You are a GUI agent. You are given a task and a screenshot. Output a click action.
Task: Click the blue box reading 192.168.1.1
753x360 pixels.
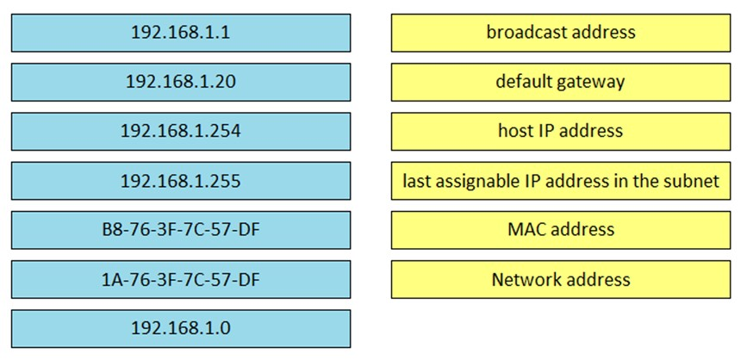pos(181,33)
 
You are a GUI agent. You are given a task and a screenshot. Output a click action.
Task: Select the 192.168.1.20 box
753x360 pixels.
pos(181,82)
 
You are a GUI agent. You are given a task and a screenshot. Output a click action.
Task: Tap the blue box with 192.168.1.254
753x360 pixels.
pos(181,132)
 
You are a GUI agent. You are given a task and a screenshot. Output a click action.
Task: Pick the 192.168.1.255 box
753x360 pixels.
pos(181,181)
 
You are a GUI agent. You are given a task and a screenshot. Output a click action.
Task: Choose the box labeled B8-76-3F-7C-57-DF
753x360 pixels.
pos(181,230)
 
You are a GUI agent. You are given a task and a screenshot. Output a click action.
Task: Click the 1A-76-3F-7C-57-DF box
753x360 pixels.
pos(181,279)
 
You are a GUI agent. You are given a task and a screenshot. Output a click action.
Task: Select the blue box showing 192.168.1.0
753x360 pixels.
pos(181,329)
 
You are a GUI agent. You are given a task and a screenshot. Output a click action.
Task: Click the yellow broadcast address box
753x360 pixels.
pos(561,33)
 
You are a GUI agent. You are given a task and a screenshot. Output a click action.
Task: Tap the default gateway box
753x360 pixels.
pos(561,82)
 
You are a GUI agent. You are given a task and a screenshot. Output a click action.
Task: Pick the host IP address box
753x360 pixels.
pos(561,132)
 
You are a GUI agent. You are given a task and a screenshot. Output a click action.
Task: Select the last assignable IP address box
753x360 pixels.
pos(561,181)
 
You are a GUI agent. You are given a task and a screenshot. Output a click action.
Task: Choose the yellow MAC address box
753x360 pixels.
pos(561,230)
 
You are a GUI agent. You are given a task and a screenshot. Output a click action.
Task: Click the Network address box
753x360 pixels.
pos(561,279)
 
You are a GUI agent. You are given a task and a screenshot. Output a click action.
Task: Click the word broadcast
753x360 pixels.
pos(520,32)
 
